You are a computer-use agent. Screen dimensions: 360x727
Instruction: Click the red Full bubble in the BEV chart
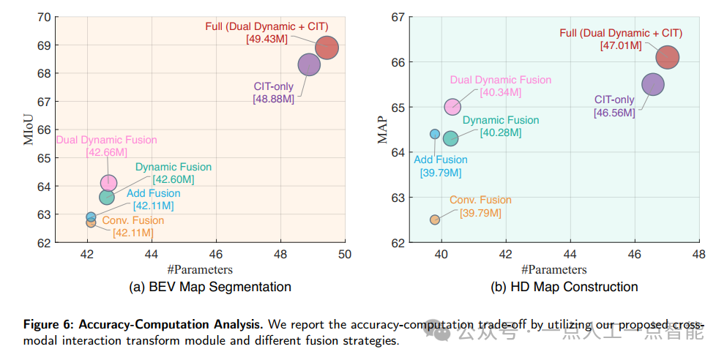point(327,48)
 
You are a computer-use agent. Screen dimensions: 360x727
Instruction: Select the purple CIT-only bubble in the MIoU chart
point(310,65)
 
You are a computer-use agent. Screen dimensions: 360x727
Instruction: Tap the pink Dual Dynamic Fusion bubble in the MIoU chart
point(108,182)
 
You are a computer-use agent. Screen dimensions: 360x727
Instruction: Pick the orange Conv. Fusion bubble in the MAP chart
point(435,220)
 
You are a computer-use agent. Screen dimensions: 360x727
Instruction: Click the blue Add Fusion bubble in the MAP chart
point(435,134)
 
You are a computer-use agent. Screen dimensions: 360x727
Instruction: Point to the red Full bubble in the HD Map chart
point(667,57)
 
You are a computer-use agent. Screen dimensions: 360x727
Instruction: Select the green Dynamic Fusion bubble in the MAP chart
point(450,138)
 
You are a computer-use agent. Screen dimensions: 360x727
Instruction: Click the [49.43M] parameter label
point(267,39)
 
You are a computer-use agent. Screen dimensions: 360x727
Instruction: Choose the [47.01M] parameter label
point(621,45)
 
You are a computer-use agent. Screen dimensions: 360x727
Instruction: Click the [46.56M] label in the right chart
point(615,112)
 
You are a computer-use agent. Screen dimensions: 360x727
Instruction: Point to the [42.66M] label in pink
point(107,152)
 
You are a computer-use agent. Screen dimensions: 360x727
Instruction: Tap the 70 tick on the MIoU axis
point(43,17)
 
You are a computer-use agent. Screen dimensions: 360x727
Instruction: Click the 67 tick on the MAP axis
point(398,17)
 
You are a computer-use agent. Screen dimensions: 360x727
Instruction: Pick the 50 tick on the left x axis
point(345,255)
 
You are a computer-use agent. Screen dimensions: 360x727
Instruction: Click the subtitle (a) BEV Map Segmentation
point(210,287)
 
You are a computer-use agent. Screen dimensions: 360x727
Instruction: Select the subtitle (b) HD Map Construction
point(564,287)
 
